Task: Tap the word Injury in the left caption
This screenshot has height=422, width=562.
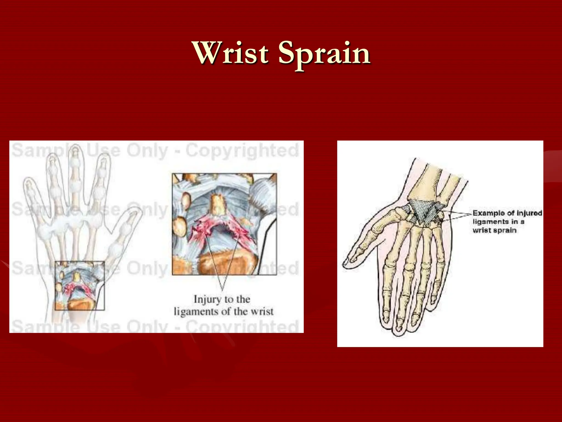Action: [207, 299]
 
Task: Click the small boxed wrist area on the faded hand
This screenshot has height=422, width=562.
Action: [80, 286]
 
